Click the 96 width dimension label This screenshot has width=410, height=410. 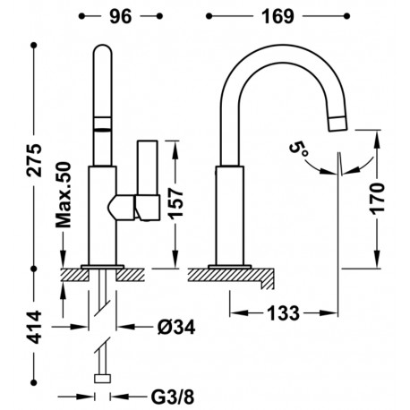[x=121, y=16]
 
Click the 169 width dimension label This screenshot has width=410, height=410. [x=278, y=16]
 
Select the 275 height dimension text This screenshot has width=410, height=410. [x=34, y=160]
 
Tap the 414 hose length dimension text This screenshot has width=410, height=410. [x=34, y=327]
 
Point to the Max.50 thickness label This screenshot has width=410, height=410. [x=64, y=195]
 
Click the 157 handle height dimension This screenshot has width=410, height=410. [x=175, y=203]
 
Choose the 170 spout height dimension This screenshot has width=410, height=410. [x=377, y=199]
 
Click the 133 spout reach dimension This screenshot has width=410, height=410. [x=283, y=313]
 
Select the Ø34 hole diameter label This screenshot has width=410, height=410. [x=176, y=327]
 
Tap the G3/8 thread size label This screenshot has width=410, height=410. [x=173, y=397]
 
